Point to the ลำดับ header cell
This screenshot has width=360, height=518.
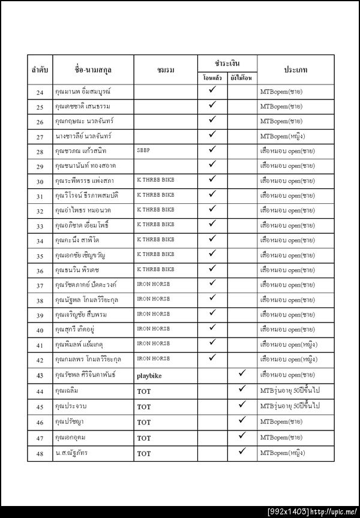coord(40,71)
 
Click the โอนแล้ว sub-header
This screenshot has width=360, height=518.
coord(212,79)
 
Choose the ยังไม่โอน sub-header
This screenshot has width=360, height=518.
coord(242,79)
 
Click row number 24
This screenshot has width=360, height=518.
coord(40,92)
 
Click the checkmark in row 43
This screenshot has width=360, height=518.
coord(242,374)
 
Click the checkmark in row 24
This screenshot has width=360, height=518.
coord(212,91)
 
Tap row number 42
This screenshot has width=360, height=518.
coord(40,360)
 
